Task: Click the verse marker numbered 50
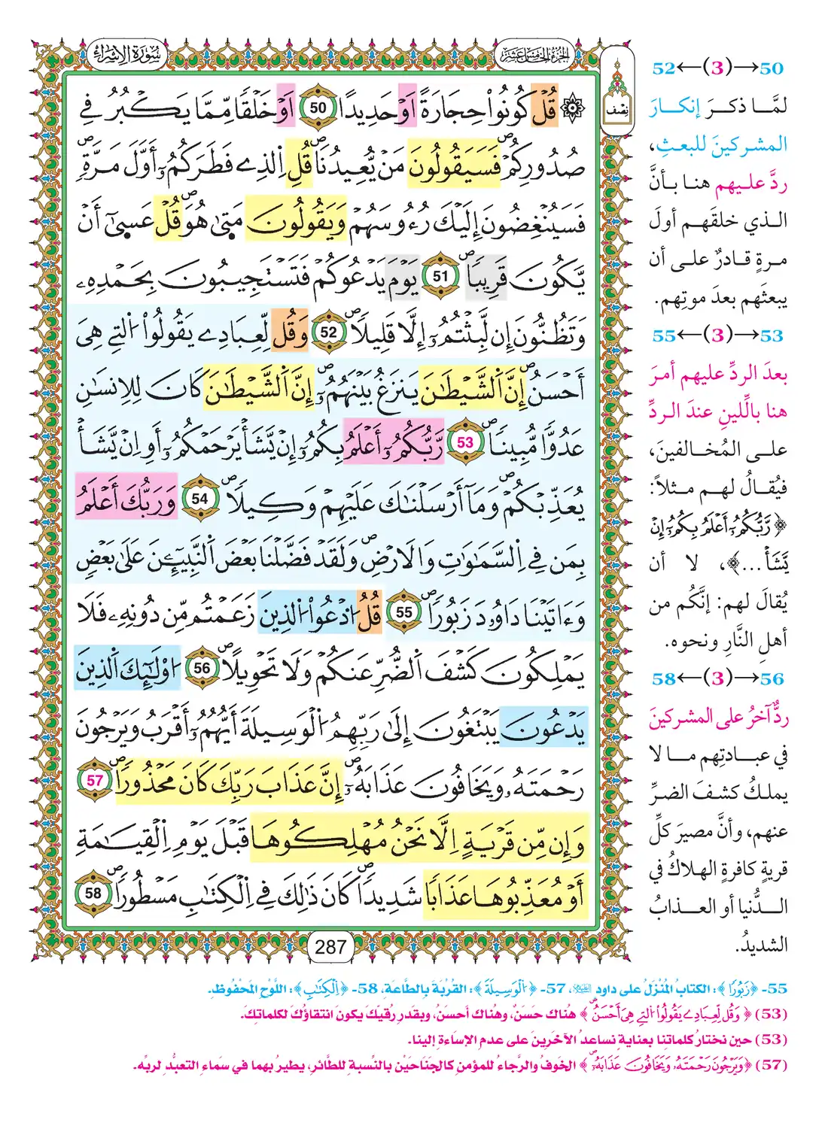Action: tap(318, 108)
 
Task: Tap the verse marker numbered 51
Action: tap(440, 277)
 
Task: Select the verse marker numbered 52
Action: tap(328, 332)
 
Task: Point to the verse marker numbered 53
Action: tap(464, 442)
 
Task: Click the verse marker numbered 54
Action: tap(199, 498)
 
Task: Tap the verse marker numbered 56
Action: tap(202, 668)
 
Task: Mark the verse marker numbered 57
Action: tap(95, 781)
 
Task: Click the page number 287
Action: tap(330, 947)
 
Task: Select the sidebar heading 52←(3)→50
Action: tap(717, 68)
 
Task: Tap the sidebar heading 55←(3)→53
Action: tap(717, 335)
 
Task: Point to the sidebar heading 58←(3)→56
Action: tap(717, 678)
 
